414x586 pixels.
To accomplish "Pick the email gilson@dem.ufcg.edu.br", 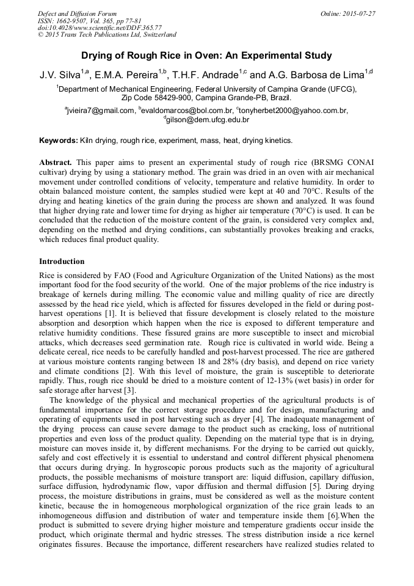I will pyautogui.click(x=208, y=120).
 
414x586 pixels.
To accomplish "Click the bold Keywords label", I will pyautogui.click(x=59, y=141).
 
